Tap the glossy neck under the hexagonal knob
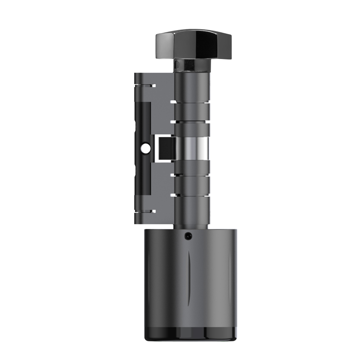point(193,66)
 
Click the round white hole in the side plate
point(145,148)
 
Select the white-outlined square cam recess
point(165,148)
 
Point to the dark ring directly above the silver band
point(193,130)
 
